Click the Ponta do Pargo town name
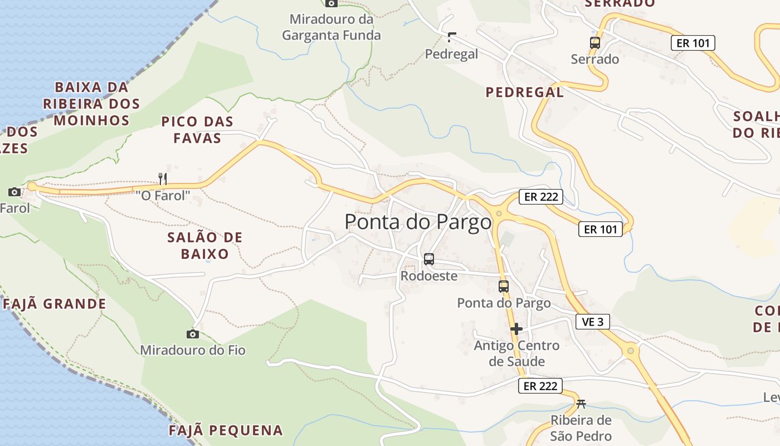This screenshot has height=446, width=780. (x=418, y=222)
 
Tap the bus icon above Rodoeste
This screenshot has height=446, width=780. (x=428, y=259)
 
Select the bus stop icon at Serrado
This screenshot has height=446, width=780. (x=594, y=42)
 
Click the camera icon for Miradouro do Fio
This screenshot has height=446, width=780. (x=192, y=334)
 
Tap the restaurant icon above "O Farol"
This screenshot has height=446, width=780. (x=163, y=178)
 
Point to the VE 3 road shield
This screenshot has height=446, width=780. (x=592, y=322)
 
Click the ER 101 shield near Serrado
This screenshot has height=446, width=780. (x=693, y=43)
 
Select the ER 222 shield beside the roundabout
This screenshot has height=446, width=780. (x=540, y=197)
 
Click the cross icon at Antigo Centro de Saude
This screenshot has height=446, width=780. (x=516, y=329)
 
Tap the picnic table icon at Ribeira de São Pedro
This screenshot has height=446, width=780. (x=581, y=404)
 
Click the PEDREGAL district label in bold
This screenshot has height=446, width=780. (x=524, y=93)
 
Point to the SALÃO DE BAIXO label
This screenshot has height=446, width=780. (x=205, y=246)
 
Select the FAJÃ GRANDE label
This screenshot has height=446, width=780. (x=55, y=304)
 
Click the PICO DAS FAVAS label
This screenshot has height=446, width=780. (x=197, y=129)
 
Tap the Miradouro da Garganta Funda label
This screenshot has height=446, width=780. (x=331, y=27)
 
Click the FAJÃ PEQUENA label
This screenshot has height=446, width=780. (x=226, y=430)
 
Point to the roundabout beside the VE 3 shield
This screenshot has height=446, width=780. (x=630, y=351)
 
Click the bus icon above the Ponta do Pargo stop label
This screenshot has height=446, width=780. (x=503, y=287)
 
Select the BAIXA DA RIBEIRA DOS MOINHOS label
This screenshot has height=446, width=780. (x=91, y=104)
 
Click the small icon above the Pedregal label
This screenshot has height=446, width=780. (x=451, y=37)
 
